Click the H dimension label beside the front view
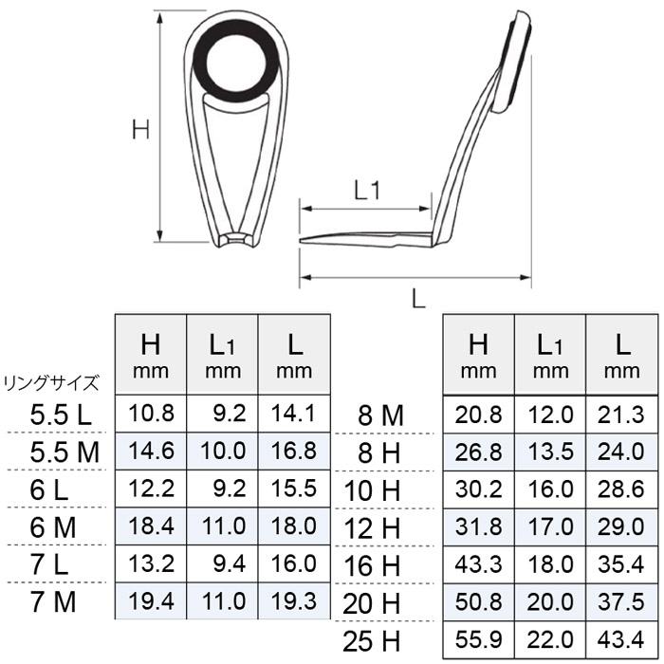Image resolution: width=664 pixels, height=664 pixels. (x=141, y=130)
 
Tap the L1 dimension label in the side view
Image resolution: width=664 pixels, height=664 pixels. (x=367, y=190)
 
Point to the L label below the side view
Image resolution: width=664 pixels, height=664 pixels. (x=417, y=298)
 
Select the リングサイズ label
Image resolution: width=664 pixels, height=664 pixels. (x=52, y=383)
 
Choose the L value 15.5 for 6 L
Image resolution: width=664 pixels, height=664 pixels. (x=294, y=489)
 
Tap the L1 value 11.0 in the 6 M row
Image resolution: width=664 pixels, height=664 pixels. (x=223, y=526)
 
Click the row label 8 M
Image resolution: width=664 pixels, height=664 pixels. (x=380, y=414)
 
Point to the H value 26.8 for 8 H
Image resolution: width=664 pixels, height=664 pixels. (x=479, y=452)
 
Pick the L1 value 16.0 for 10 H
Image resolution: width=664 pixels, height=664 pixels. (x=551, y=489)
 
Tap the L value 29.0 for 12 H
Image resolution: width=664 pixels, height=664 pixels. (x=622, y=526)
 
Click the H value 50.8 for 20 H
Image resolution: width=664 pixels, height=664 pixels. (x=479, y=601)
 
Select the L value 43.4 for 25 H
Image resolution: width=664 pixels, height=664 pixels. (x=622, y=638)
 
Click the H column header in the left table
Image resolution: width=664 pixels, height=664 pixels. (x=151, y=353)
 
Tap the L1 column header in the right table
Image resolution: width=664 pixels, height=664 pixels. (x=551, y=353)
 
